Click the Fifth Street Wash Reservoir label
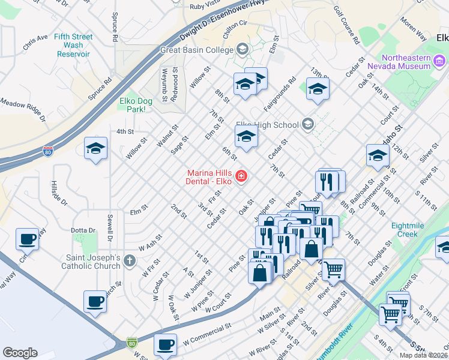click(74, 45)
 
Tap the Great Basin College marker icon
click(243, 50)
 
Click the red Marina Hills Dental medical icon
click(241, 176)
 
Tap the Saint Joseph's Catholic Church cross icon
click(130, 260)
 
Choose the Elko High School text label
click(267, 125)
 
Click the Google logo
click(20, 353)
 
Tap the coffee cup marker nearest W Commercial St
click(165, 344)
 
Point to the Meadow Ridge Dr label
click(23, 110)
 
